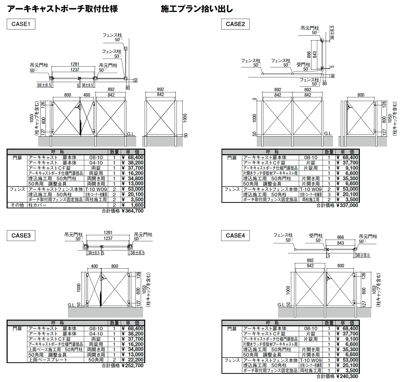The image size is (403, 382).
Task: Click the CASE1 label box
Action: tap(21, 24)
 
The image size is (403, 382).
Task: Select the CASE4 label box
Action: tap(235, 235)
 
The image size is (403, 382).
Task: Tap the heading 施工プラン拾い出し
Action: tap(197, 9)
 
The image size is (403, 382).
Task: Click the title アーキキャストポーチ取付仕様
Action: tap(63, 9)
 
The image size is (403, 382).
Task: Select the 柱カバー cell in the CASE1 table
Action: tap(37, 205)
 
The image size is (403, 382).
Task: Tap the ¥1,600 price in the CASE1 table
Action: tap(133, 205)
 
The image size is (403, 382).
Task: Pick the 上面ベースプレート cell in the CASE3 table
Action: tap(48, 360)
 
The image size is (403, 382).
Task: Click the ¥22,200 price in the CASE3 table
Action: tap(133, 360)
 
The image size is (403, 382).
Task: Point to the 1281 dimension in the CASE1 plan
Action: tap(75, 64)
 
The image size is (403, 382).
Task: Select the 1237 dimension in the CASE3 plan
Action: tap(108, 238)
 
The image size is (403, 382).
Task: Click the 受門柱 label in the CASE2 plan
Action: tap(303, 64)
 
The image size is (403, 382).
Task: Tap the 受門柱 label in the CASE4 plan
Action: tap(316, 235)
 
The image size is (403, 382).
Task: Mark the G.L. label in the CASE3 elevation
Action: tap(72, 305)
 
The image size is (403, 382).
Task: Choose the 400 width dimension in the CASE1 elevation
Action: tap(87, 95)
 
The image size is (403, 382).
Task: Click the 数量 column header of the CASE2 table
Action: tap(329, 152)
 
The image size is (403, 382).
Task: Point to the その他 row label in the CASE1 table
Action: tap(17, 205)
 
